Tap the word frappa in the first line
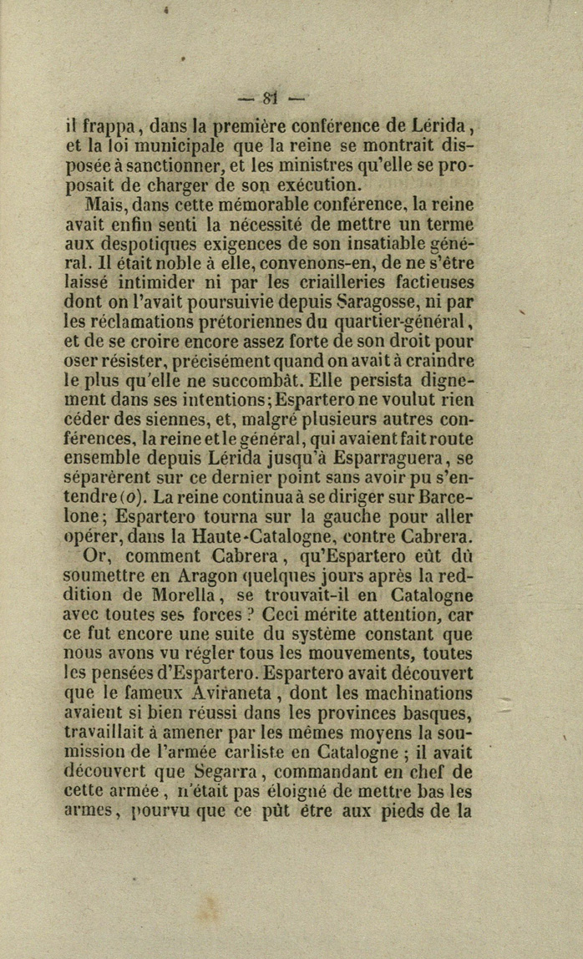104,129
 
